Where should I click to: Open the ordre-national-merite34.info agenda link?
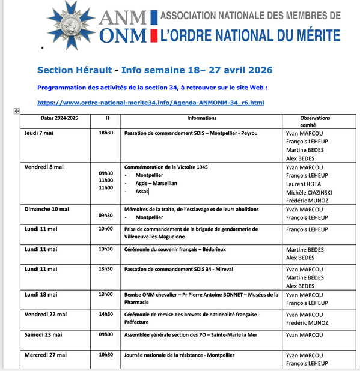click(x=150, y=103)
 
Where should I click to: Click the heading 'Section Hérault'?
click(x=74, y=70)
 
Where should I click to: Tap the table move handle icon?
click(x=16, y=112)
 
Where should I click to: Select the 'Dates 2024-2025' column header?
click(x=59, y=118)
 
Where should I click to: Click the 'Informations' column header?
click(x=201, y=118)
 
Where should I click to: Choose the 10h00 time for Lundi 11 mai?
click(x=106, y=229)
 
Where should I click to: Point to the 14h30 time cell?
click(x=106, y=314)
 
